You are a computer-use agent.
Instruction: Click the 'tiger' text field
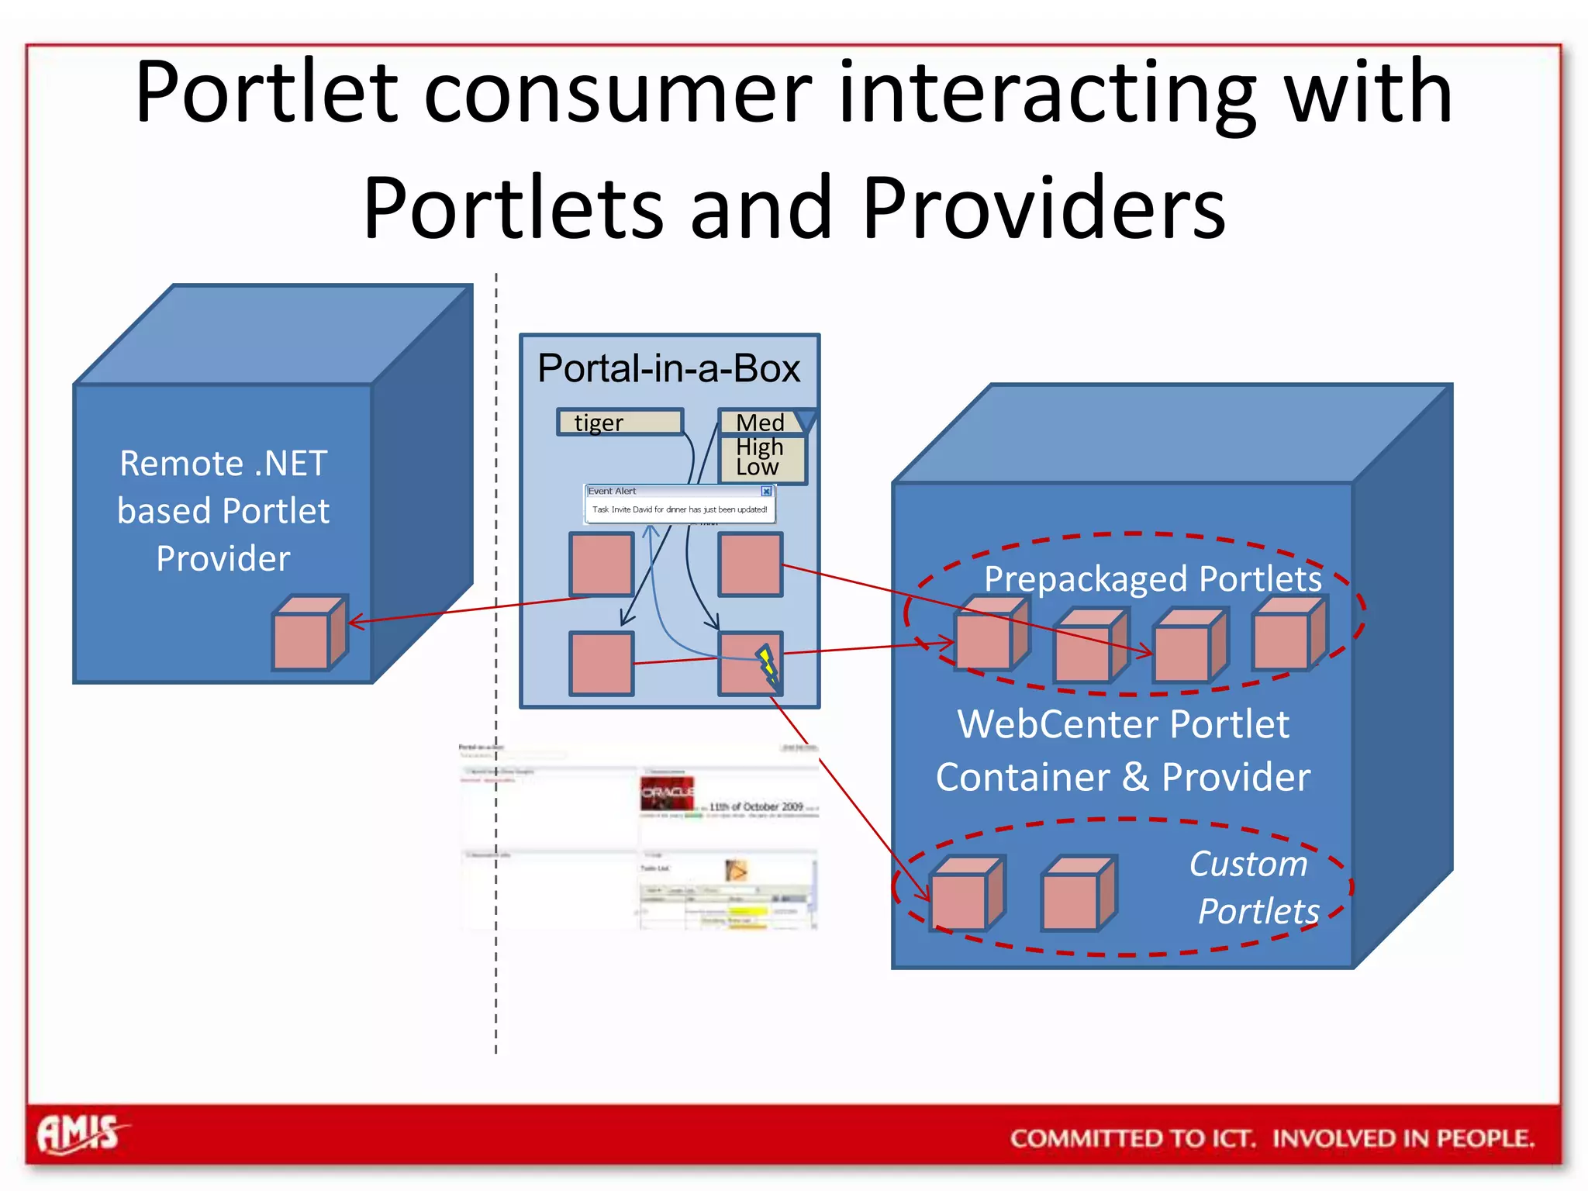click(x=620, y=423)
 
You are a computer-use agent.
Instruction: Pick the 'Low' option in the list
click(x=758, y=468)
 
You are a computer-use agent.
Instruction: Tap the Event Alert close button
click(x=766, y=491)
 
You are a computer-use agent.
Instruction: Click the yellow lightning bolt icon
click(x=768, y=665)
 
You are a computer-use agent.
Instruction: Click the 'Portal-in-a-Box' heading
click(x=668, y=368)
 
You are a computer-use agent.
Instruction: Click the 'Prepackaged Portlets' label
click(x=1152, y=578)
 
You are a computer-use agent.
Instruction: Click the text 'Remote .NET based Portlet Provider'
click(x=223, y=511)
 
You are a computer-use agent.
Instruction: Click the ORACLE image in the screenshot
click(x=667, y=793)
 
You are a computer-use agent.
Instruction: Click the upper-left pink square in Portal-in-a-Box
click(x=601, y=564)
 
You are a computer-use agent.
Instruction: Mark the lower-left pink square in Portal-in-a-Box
click(x=601, y=664)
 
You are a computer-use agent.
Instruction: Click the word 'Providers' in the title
click(x=1043, y=208)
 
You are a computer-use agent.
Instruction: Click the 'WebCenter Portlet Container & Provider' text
click(x=1123, y=751)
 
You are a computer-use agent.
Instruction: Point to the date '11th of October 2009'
click(x=756, y=806)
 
